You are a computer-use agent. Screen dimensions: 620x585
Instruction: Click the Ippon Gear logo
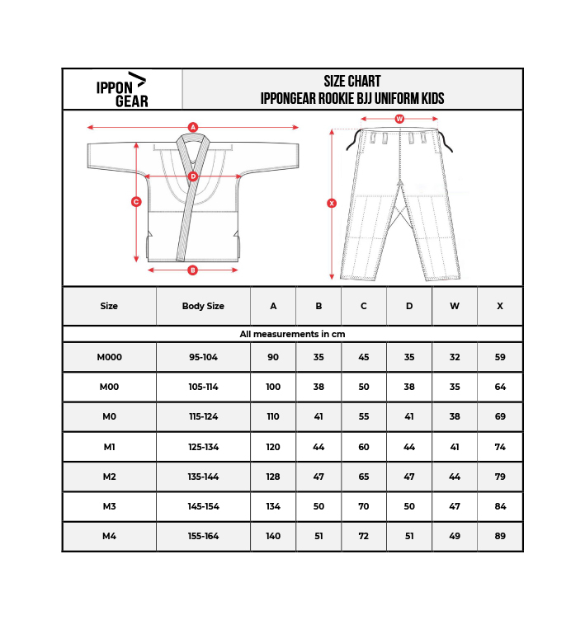122,90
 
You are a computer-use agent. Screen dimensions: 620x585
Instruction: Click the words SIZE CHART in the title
352,82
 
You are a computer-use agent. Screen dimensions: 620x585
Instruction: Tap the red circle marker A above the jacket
193,127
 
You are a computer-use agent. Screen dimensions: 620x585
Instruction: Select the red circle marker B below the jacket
193,270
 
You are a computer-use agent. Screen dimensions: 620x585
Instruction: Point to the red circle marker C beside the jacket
136,201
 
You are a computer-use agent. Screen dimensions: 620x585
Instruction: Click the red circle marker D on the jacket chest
193,176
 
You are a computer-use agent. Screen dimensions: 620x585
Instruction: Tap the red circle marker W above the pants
399,119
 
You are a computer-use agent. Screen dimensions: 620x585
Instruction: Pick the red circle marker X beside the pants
332,203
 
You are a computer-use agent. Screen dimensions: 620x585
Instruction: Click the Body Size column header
203,306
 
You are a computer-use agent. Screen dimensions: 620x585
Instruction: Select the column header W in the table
455,306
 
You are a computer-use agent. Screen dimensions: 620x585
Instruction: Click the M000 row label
109,357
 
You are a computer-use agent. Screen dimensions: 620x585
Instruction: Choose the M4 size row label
109,536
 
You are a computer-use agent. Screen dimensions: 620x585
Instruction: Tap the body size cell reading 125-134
203,447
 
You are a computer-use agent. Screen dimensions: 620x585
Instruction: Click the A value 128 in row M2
273,477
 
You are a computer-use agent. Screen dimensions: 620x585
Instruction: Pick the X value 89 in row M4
500,536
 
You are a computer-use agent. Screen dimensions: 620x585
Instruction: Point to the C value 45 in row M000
364,357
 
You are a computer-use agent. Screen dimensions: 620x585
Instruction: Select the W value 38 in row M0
455,416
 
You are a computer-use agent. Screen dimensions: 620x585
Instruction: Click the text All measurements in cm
292,334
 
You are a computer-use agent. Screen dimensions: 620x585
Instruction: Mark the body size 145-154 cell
203,506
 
